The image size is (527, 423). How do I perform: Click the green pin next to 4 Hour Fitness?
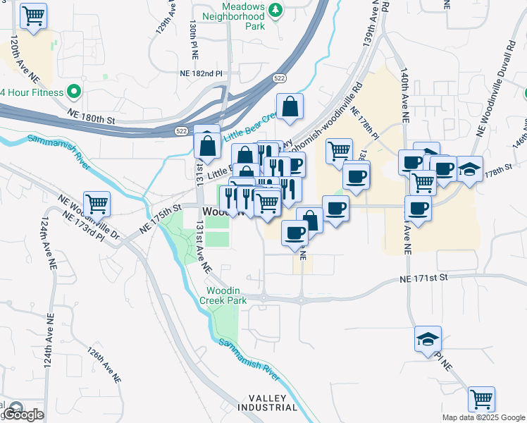72,92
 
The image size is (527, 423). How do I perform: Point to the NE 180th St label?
91,116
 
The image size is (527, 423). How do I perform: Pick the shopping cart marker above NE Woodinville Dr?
97,204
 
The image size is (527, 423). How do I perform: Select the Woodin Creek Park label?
227,295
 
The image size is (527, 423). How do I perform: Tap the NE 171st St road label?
423,278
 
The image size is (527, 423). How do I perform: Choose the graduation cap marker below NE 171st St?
428,339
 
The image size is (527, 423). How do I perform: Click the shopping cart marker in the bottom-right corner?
482,400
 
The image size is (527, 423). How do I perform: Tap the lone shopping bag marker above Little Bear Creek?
290,107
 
